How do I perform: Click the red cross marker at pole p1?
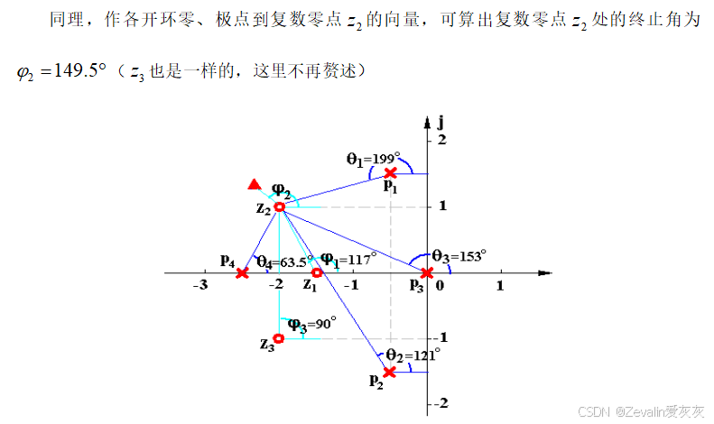click(x=390, y=172)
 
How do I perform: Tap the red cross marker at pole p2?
click(x=389, y=372)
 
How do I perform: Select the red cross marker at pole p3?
click(x=427, y=272)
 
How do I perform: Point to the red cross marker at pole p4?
click(x=242, y=272)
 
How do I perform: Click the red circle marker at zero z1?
click(x=316, y=272)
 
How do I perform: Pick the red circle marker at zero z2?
click(x=279, y=207)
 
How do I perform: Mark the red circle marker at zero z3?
click(x=279, y=338)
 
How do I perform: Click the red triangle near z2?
click(x=255, y=186)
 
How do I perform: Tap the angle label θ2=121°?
click(x=413, y=355)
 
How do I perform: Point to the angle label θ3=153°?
click(x=459, y=255)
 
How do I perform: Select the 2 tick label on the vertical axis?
click(x=442, y=141)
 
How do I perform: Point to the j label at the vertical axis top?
click(x=440, y=121)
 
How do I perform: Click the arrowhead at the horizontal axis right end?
click(x=544, y=272)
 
